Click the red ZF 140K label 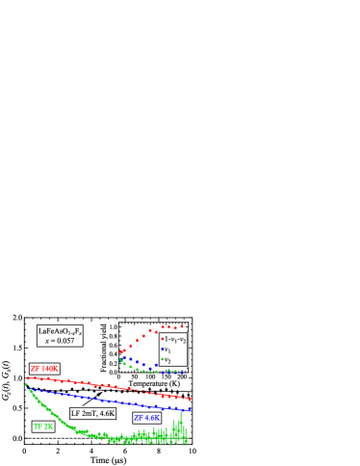[x=44, y=369]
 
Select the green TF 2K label [x=43, y=427]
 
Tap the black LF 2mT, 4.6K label [x=93, y=413]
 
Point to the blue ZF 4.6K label [x=146, y=418]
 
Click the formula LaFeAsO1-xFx [x=60, y=331]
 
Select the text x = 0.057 [x=60, y=341]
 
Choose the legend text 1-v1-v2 [x=175, y=339]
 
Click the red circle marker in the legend [x=162, y=339]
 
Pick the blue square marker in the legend [x=162, y=349]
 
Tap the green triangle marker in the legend [x=162, y=359]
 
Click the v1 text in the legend [x=168, y=349]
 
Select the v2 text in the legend [x=168, y=359]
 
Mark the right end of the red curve [x=190, y=398]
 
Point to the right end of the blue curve [x=190, y=409]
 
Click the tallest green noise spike [x=180, y=414]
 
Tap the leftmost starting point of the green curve [x=27, y=384]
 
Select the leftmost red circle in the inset [x=120, y=352]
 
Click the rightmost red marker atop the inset [x=182, y=326]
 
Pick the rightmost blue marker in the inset [x=182, y=372]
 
